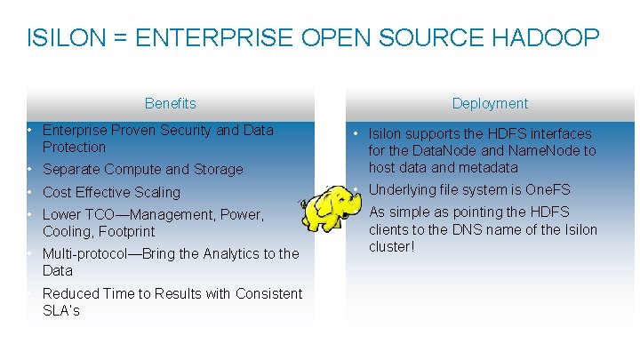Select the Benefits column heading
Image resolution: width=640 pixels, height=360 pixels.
coord(170,103)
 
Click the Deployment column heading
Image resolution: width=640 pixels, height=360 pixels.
coord(490,103)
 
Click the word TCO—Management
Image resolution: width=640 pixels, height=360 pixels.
coord(132,214)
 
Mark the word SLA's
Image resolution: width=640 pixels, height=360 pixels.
coord(60,310)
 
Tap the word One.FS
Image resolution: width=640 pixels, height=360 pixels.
coord(548,189)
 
